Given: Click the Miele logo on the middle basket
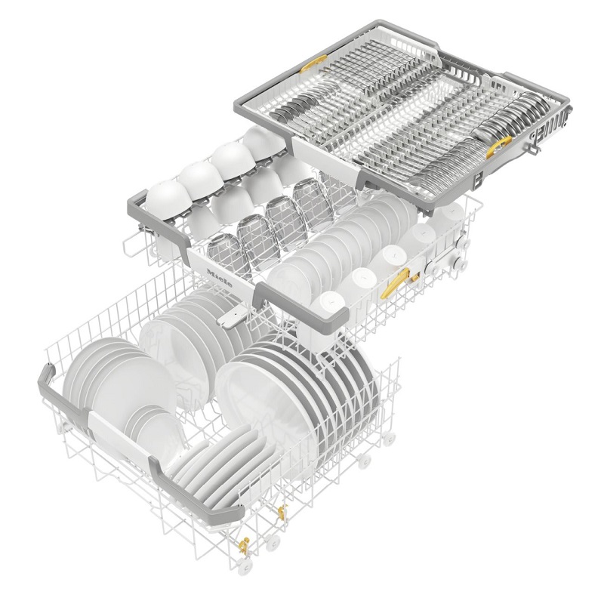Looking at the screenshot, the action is coord(220,277).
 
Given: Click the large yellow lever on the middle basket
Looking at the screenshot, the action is coord(396,282).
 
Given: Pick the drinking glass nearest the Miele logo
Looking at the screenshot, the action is coord(226,254).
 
